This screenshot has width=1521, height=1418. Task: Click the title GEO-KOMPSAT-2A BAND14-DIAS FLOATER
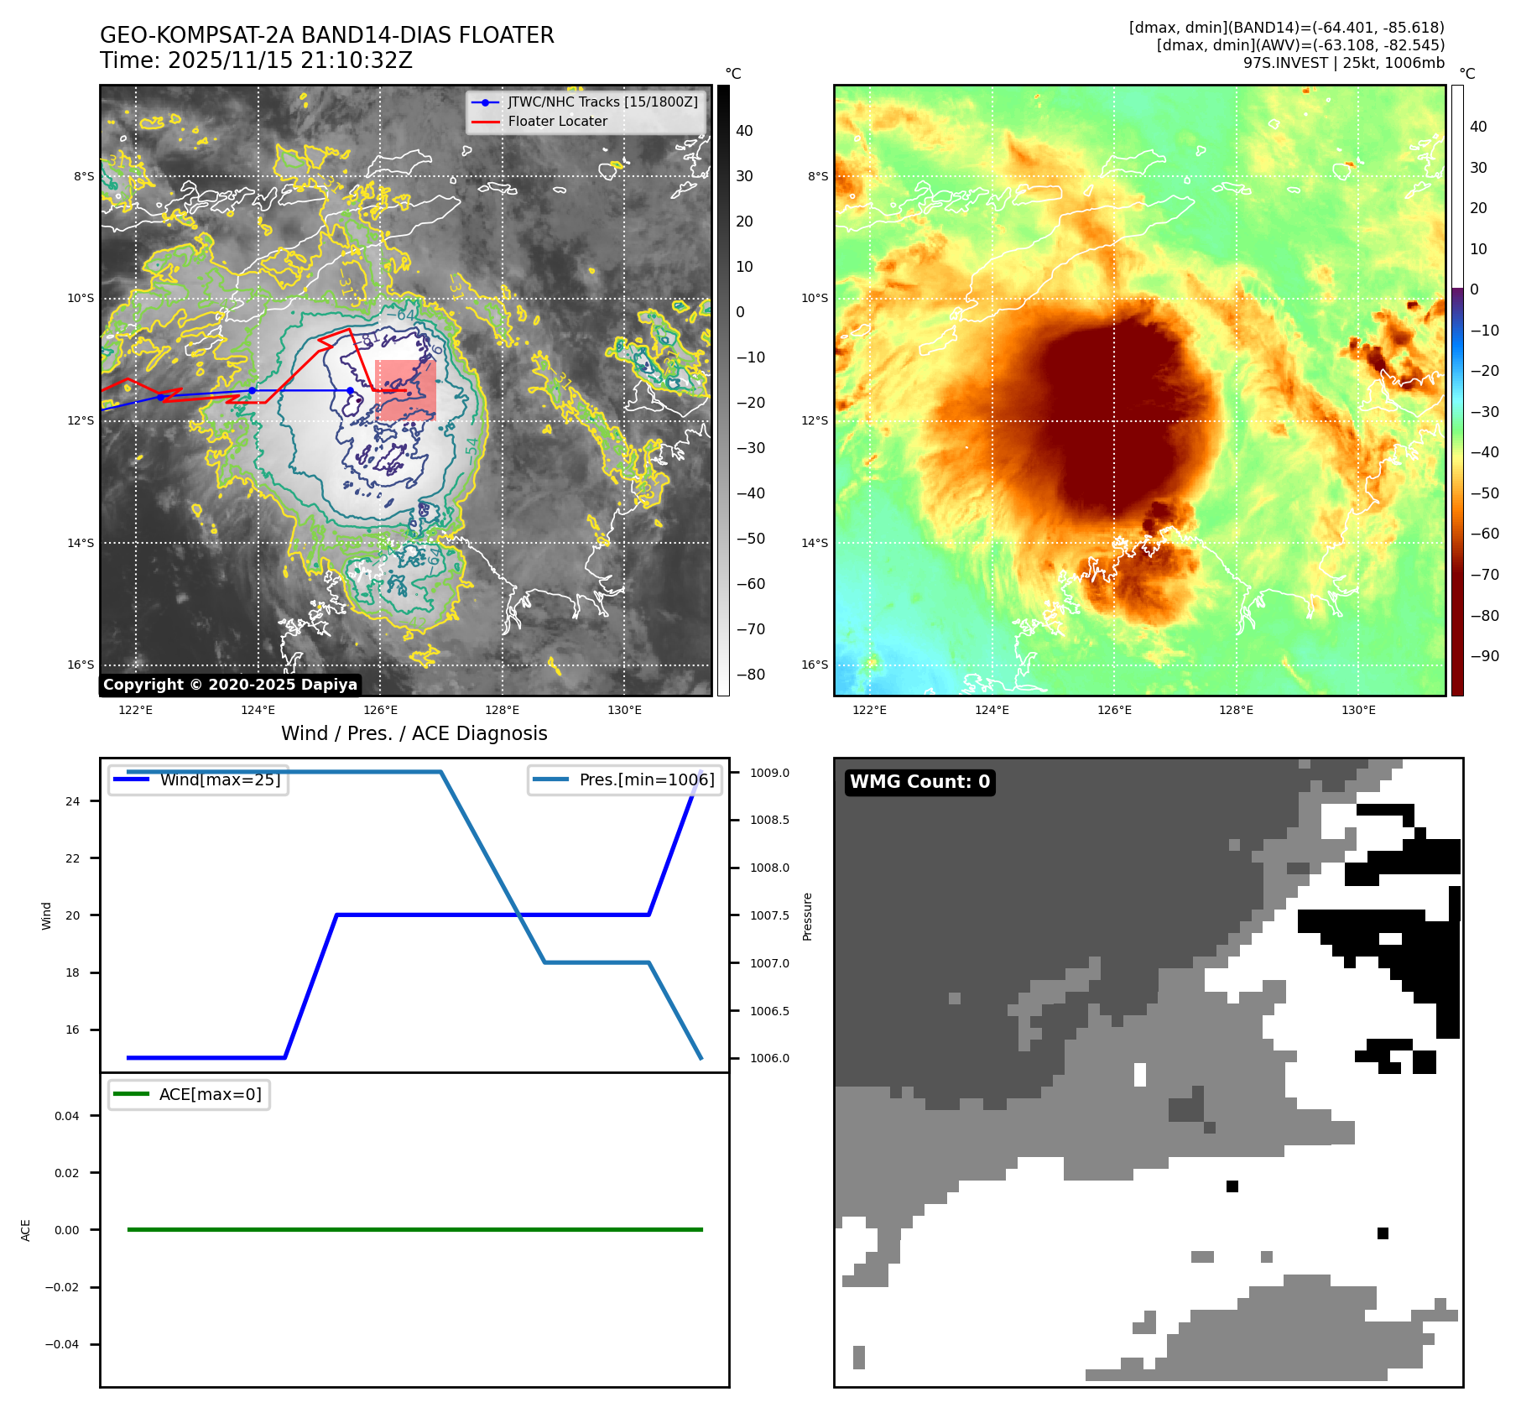pos(326,35)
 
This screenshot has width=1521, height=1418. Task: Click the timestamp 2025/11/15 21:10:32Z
pos(289,60)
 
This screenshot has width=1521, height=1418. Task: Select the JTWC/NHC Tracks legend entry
pos(602,102)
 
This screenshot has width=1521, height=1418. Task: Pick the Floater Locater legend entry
pos(557,121)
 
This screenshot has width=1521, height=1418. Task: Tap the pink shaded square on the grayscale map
pos(406,390)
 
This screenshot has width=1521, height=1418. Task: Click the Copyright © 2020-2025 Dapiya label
pos(230,685)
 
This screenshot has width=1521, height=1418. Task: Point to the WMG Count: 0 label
pos(919,782)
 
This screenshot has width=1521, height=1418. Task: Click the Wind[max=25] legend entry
pos(220,779)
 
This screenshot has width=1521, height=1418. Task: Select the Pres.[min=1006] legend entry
pos(646,779)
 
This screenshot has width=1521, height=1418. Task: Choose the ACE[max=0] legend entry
pos(210,1094)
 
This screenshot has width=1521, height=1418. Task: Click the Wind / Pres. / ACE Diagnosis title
pos(414,733)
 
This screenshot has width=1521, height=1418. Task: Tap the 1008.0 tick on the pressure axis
pos(769,868)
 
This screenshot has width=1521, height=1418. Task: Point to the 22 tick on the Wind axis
pos(73,858)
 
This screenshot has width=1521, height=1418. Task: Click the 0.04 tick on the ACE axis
pos(67,1116)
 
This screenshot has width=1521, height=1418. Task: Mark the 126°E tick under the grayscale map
pos(380,710)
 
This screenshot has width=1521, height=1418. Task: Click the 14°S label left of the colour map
pos(815,543)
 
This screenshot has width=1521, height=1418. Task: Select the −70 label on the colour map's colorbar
pos(1483,575)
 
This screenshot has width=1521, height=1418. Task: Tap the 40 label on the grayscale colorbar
pos(744,131)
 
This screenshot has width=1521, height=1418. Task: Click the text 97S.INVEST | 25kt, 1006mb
pos(1343,63)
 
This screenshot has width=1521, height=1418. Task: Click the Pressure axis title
pos(807,916)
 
